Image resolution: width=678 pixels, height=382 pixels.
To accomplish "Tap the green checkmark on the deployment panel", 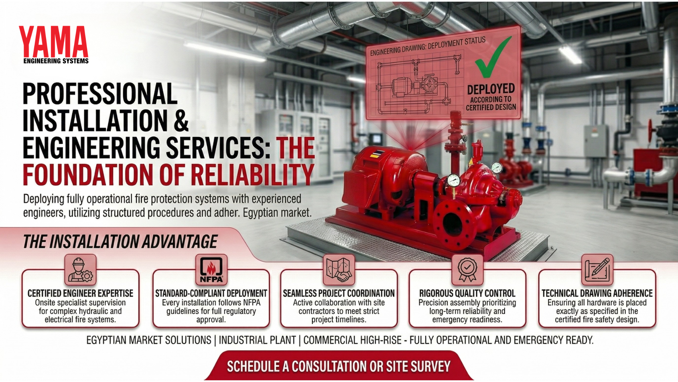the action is click(493, 58).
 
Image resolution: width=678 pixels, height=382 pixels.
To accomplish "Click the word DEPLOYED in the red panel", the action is click(491, 89).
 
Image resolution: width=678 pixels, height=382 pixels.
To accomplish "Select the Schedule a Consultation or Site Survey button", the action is click(339, 366).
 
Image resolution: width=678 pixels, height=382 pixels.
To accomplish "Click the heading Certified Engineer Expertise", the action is click(81, 293).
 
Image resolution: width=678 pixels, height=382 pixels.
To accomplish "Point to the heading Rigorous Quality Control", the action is click(467, 293).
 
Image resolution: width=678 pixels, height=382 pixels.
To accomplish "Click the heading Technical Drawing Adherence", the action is click(597, 293).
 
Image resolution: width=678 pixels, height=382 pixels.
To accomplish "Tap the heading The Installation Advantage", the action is click(120, 242).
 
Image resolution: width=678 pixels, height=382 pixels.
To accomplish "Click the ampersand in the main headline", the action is click(181, 121).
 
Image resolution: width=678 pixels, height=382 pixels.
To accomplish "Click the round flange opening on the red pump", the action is click(453, 225).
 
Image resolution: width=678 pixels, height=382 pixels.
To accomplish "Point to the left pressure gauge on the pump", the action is click(453, 180).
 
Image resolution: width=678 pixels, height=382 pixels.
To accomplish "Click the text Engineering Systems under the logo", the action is click(56, 61).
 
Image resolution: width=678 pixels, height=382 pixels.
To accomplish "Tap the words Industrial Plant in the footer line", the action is click(257, 340).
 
